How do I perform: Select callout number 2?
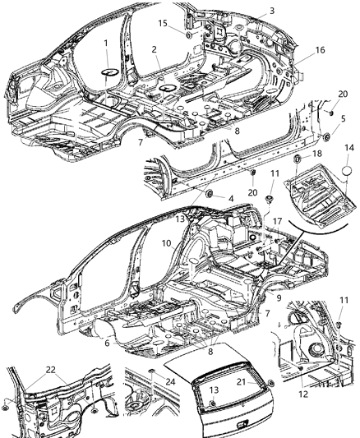coord(155,48)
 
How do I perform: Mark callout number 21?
coord(242,381)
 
